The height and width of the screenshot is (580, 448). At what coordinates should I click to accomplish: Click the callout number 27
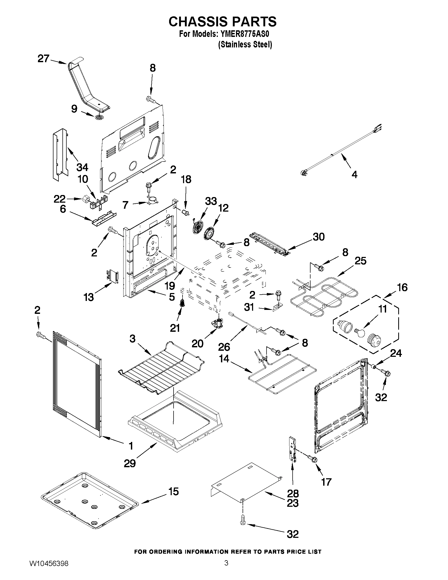[x=43, y=59]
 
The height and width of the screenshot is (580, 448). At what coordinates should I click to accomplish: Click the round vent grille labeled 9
[x=99, y=117]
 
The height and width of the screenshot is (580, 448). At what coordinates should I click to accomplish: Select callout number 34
[x=82, y=167]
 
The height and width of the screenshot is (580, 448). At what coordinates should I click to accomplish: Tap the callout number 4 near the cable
[x=354, y=174]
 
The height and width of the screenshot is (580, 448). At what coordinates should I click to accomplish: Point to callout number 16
[x=402, y=287]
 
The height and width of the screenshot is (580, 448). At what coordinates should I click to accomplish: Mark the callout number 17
[x=326, y=482]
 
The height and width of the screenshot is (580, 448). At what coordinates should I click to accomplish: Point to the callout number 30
[x=318, y=237]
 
